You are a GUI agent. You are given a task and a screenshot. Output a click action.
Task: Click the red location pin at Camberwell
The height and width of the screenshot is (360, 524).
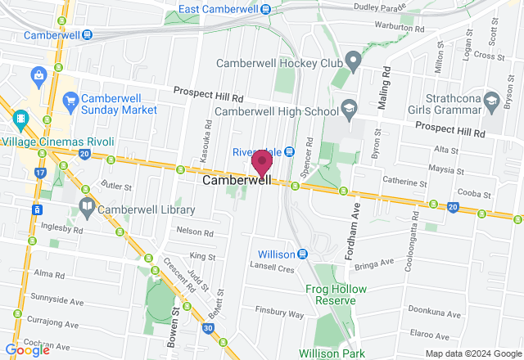262,163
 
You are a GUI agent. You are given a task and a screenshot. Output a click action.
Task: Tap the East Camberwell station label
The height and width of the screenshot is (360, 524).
219,10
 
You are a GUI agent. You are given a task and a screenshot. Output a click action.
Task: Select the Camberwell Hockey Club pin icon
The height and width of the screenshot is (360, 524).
353,62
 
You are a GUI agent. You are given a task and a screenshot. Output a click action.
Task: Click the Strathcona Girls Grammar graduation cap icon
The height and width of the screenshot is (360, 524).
491,102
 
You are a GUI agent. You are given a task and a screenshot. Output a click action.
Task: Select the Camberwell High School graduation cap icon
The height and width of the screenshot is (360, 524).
349,109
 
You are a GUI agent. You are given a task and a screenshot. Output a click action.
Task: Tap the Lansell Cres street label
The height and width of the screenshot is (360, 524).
273,268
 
